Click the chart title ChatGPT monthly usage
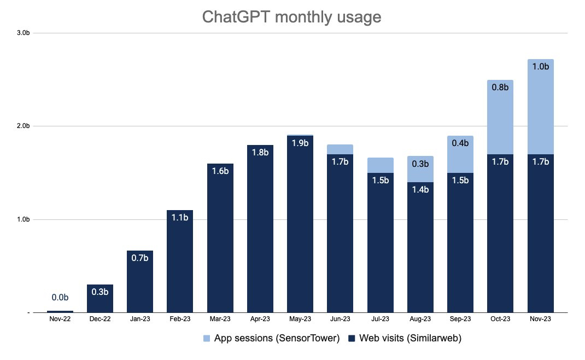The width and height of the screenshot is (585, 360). click(x=291, y=17)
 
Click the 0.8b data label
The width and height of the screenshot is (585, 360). click(x=500, y=87)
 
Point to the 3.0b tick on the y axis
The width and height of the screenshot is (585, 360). click(x=23, y=33)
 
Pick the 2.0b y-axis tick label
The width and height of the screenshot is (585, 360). click(x=23, y=126)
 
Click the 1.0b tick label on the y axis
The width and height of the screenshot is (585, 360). click(x=23, y=219)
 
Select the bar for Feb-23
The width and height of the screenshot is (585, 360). click(x=180, y=263)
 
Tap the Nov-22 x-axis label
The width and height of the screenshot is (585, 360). click(x=60, y=319)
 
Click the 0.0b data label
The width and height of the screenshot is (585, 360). click(x=60, y=298)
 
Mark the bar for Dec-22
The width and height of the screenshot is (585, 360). click(x=100, y=300)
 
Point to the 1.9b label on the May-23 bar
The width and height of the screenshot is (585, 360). click(x=300, y=143)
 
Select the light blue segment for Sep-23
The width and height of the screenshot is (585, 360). click(x=460, y=150)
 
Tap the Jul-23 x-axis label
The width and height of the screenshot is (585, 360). click(x=381, y=319)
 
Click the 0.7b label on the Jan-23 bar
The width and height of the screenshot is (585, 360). click(x=139, y=258)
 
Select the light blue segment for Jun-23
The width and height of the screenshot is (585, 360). click(x=340, y=149)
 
